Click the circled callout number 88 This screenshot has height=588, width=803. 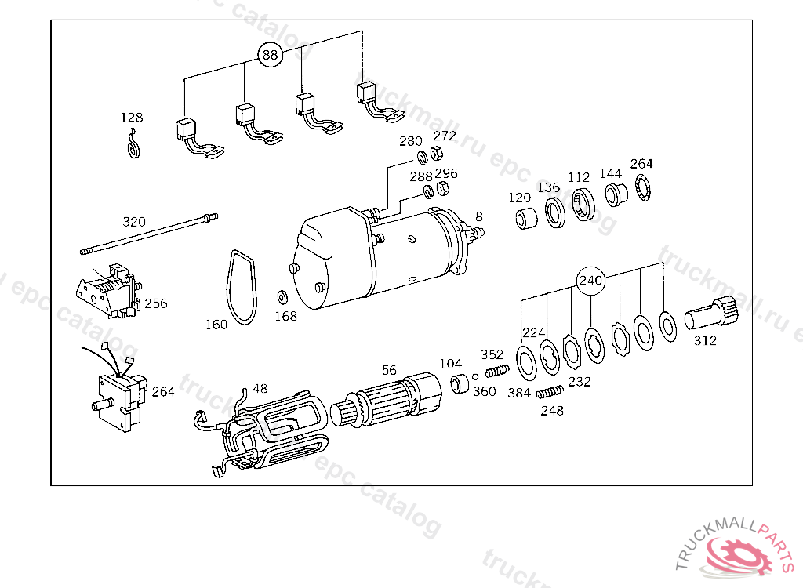(x=270, y=54)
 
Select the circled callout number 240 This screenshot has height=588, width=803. (x=590, y=281)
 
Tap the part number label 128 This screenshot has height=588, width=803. (x=132, y=118)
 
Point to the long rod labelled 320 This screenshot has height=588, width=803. (x=149, y=234)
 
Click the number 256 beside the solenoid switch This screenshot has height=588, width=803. (x=156, y=303)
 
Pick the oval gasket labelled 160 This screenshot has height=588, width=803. (x=242, y=288)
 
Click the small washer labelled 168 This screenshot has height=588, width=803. (x=282, y=296)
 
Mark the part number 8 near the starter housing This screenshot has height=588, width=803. (x=479, y=216)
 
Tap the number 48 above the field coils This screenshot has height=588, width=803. (x=260, y=389)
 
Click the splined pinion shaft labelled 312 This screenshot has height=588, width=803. (x=711, y=314)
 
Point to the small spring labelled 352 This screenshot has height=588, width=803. (x=497, y=370)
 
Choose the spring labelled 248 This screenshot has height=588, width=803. (x=550, y=392)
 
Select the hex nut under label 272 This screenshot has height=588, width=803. (x=436, y=153)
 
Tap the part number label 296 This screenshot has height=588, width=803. (x=446, y=173)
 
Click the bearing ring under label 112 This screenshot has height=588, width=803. (x=583, y=205)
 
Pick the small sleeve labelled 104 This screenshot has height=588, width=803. (x=460, y=384)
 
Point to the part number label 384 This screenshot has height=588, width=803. (x=519, y=393)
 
